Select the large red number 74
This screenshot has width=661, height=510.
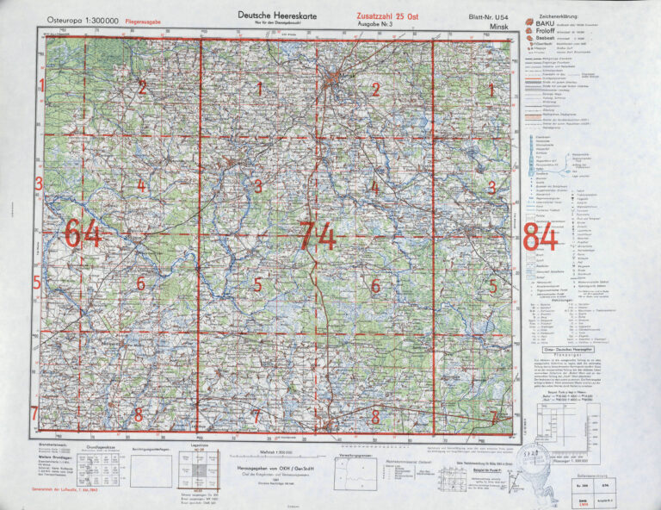point(317,235)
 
